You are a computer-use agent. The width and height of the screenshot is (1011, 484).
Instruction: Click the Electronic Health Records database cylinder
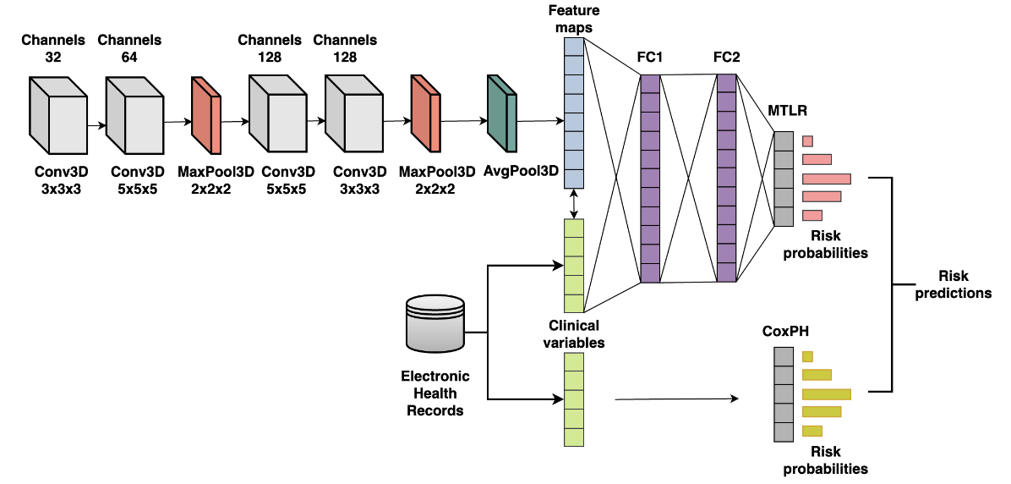[434, 322]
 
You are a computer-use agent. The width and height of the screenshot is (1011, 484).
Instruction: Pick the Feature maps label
[574, 19]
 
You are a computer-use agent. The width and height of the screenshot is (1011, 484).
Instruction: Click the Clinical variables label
[574, 333]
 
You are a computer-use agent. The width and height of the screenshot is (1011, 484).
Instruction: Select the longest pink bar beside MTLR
[826, 179]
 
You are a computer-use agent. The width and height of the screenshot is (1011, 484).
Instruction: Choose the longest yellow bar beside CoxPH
[826, 393]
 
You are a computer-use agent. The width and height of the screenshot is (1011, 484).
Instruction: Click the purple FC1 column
[650, 179]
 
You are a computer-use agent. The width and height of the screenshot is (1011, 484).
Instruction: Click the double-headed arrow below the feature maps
[574, 203]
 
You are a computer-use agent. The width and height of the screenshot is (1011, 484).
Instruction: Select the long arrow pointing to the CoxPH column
[676, 398]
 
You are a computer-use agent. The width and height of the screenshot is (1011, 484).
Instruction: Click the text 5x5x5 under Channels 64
[135, 190]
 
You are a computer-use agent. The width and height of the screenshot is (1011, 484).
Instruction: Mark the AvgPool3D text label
[521, 170]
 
